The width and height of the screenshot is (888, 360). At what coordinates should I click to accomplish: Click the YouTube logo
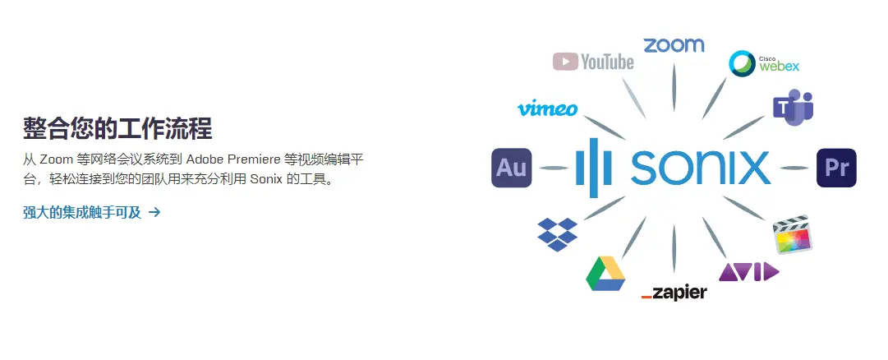pyautogui.click(x=593, y=61)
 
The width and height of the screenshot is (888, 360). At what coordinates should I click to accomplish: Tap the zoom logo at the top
pyautogui.click(x=674, y=45)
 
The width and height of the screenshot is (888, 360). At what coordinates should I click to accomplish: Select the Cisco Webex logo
pyautogui.click(x=764, y=63)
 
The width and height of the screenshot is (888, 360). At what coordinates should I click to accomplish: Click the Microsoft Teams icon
pyautogui.click(x=793, y=107)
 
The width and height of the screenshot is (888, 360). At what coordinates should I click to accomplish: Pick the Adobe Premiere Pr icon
pyautogui.click(x=836, y=168)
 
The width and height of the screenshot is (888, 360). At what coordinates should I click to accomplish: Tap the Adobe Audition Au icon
pyautogui.click(x=512, y=168)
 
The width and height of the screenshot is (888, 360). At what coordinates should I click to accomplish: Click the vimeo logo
pyautogui.click(x=547, y=108)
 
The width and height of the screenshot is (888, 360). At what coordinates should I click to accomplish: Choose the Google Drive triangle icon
pyautogui.click(x=605, y=273)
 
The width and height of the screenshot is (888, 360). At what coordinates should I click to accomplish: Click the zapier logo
pyautogui.click(x=674, y=293)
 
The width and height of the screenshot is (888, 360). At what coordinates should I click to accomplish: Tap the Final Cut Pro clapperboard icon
pyautogui.click(x=793, y=234)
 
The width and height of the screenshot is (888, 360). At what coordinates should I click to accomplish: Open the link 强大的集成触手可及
pyautogui.click(x=82, y=213)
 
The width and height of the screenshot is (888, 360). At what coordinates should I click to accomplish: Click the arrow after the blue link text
pyautogui.click(x=154, y=213)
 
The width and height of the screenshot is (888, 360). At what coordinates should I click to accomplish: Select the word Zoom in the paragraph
pyautogui.click(x=56, y=159)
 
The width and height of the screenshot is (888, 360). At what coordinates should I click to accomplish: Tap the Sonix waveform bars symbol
pyautogui.click(x=594, y=168)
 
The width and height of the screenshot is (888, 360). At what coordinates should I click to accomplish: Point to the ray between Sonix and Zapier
pyautogui.click(x=674, y=248)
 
